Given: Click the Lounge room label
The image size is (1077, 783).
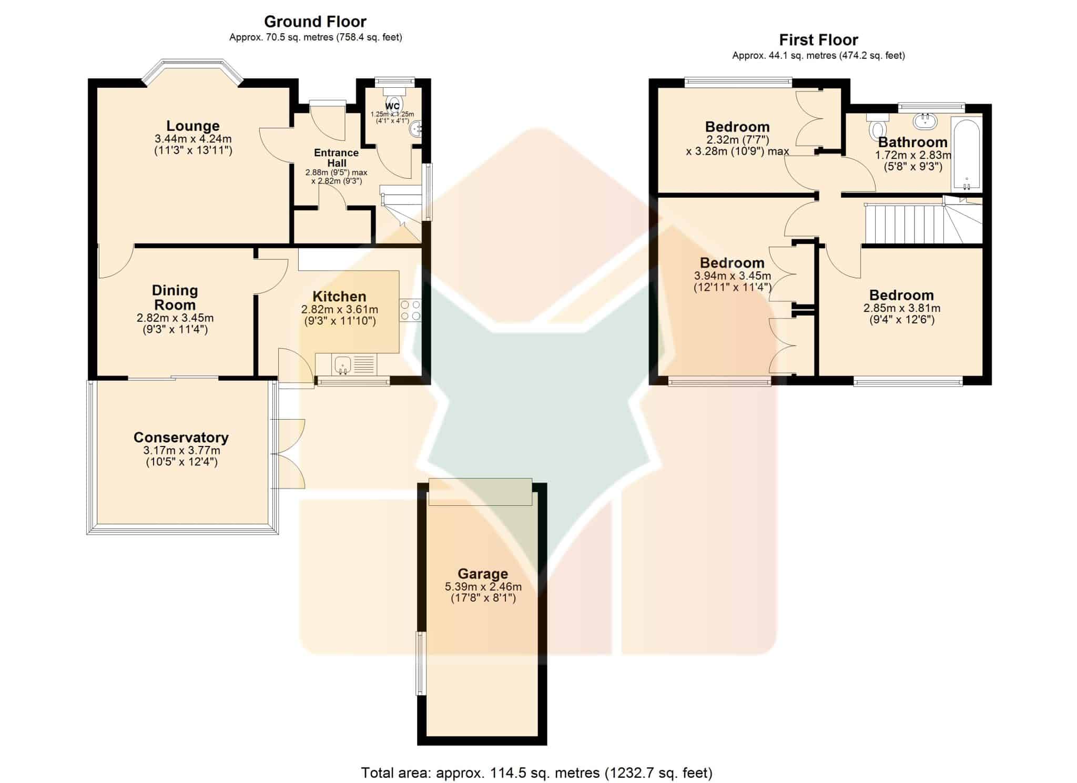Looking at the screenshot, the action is coord(193,126).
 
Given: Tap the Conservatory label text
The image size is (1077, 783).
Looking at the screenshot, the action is coord(181,438).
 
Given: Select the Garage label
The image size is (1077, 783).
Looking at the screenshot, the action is coord(483,574).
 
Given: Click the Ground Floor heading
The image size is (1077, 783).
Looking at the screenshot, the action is coord(315,22).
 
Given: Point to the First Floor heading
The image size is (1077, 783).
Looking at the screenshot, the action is coord(818,40).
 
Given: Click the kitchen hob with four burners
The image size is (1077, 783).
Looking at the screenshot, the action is coord(410,310).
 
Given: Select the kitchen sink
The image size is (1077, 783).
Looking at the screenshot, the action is coord(342,364).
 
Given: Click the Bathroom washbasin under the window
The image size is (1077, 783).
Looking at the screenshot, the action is coord(925,121).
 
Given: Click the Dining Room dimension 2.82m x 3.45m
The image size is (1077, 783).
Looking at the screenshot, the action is coord(175,318).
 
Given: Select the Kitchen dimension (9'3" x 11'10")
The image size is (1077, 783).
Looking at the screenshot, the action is coord(340,321).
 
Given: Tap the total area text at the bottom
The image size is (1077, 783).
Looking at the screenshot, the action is coord(536,773).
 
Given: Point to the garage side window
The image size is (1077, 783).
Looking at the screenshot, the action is coord(420,663).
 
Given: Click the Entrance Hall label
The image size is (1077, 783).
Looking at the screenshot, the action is coord(337,158).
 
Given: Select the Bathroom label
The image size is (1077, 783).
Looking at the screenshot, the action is coord(913,142).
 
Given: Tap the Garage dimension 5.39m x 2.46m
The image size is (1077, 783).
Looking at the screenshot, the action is coord(483,587).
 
